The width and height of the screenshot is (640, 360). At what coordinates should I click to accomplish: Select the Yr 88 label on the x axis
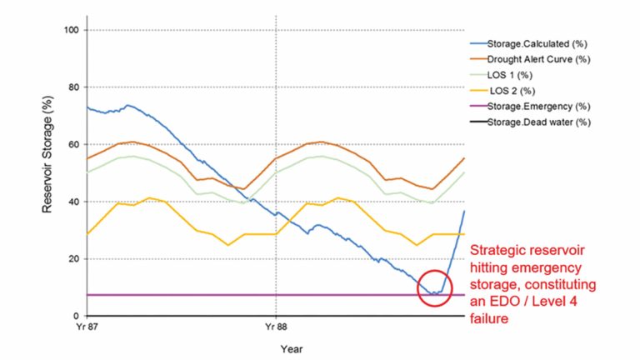point(275,327)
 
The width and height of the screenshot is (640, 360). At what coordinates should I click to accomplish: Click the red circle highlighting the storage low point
point(435,288)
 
